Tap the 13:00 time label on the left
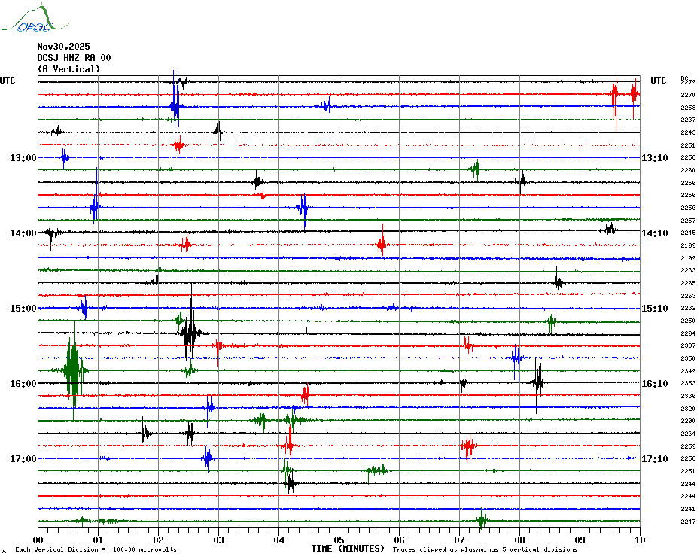pyautogui.click(x=23, y=158)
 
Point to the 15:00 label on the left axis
pyautogui.click(x=23, y=309)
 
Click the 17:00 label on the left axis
pyautogui.click(x=23, y=459)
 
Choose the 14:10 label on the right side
pyautogui.click(x=654, y=233)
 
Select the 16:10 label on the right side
pyautogui.click(x=654, y=384)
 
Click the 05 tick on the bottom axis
pyautogui.click(x=339, y=540)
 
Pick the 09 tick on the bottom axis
pyautogui.click(x=580, y=540)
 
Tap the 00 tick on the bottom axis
pyautogui.click(x=38, y=540)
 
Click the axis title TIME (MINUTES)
pyautogui.click(x=348, y=549)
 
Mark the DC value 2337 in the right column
pyautogui.click(x=687, y=345)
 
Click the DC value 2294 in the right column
pyautogui.click(x=687, y=333)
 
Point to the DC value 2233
pyautogui.click(x=687, y=270)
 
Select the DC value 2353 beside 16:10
pyautogui.click(x=687, y=383)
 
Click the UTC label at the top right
pyautogui.click(x=659, y=81)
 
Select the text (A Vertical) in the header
pyautogui.click(x=68, y=69)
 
